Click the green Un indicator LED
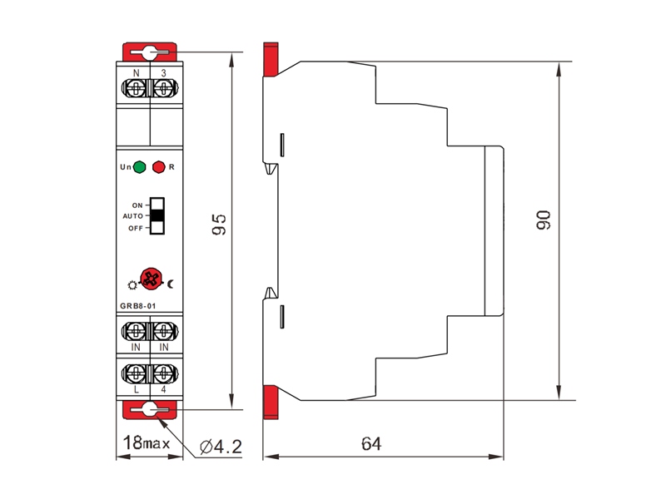click(139, 167)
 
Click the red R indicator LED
click(159, 167)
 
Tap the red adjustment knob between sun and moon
click(152, 279)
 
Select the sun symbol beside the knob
click(132, 285)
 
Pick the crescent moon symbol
click(171, 284)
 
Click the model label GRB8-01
click(138, 306)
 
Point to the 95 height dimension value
click(219, 225)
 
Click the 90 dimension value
click(544, 220)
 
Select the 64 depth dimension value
click(371, 444)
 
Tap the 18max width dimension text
click(147, 443)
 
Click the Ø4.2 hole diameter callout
click(221, 447)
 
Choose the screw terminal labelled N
click(136, 89)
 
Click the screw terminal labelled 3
click(164, 89)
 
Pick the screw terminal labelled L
click(136, 373)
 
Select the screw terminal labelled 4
click(164, 373)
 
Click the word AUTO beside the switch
click(133, 216)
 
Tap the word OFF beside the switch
click(136, 228)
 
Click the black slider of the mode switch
click(157, 216)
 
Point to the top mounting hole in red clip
click(149, 52)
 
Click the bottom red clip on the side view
click(271, 403)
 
